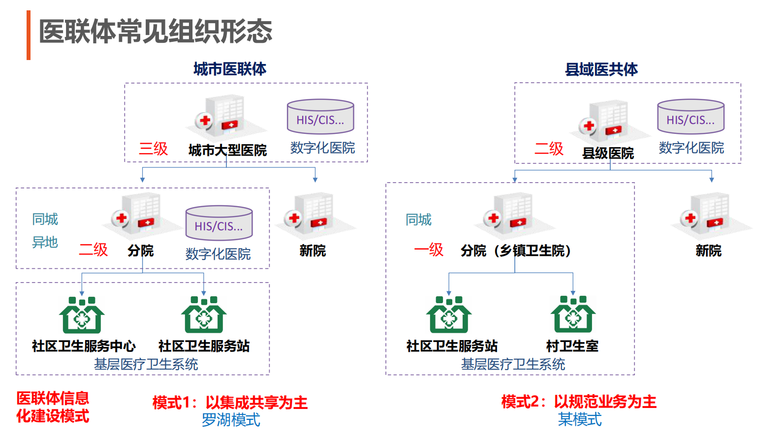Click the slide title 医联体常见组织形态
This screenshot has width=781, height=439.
tap(155, 31)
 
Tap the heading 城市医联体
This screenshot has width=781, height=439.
tap(230, 69)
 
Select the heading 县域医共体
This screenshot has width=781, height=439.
tap(601, 69)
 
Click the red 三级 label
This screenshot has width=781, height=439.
tap(153, 149)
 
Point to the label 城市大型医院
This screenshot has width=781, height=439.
tap(227, 150)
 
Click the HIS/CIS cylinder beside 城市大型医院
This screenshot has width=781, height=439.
tap(320, 117)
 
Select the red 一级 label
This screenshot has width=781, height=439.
tap(429, 250)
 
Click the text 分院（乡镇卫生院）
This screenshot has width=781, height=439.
tap(516, 251)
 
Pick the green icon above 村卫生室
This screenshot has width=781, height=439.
tap(573, 314)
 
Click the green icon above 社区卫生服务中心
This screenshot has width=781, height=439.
tap(82, 315)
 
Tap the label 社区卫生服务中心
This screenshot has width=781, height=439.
tap(84, 346)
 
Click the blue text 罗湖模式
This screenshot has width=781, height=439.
tap(231, 420)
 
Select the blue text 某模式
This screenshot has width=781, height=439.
tap(580, 419)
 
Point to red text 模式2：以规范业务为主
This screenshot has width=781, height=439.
tap(579, 402)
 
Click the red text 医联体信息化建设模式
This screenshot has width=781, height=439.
tap(53, 407)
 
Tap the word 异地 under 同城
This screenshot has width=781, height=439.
tap(45, 242)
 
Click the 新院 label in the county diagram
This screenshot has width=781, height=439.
tap(708, 251)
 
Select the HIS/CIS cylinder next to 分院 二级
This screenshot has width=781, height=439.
tap(219, 223)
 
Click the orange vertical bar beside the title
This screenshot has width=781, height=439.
tap(29, 35)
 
